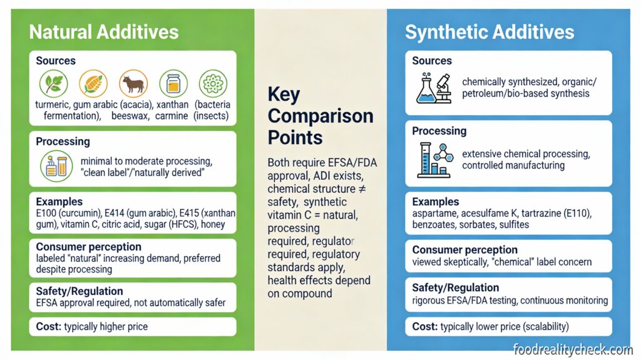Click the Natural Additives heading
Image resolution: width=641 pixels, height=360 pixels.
(104, 32)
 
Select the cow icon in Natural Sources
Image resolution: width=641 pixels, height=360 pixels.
(133, 83)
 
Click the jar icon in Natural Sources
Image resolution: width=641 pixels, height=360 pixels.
(173, 83)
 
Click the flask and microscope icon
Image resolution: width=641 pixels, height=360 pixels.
(434, 88)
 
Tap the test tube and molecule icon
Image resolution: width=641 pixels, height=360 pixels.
(434, 159)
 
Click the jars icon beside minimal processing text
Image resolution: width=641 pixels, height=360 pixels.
(54, 166)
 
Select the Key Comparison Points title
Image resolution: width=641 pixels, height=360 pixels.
(320, 116)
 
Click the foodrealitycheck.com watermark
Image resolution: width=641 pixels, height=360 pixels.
(573, 349)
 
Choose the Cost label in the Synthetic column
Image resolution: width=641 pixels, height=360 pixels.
(425, 327)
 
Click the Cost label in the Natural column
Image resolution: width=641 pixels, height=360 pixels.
(48, 326)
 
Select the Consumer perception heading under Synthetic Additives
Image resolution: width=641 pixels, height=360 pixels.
(464, 250)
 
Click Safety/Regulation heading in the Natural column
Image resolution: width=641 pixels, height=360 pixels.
(79, 291)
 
